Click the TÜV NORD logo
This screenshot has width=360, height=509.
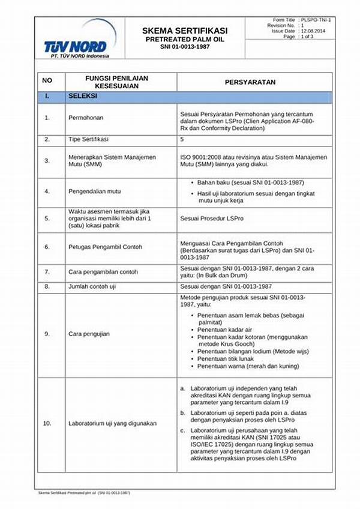(x=76, y=42)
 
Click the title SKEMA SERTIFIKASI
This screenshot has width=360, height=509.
(x=184, y=30)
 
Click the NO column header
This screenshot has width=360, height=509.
(x=47, y=82)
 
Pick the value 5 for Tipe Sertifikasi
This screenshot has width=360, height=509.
(x=182, y=139)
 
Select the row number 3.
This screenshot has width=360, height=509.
(x=47, y=160)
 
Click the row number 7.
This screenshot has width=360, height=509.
(x=47, y=272)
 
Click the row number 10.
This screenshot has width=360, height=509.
(x=47, y=423)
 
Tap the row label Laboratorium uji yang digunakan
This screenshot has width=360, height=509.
(x=112, y=423)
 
